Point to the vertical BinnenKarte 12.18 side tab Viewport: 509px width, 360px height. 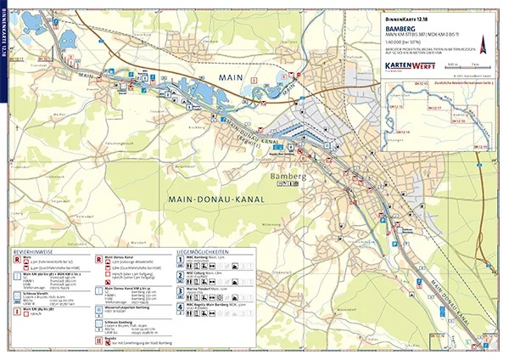coord(6,39)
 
